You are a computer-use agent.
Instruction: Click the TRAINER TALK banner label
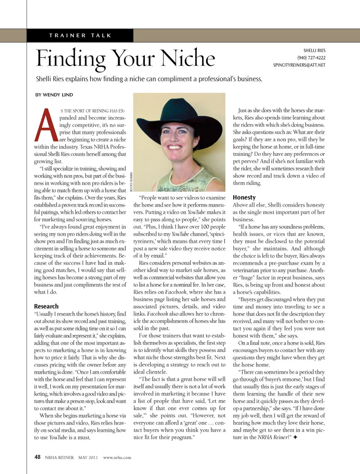pos(80,36)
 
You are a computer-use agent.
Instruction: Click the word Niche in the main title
pos(188,58)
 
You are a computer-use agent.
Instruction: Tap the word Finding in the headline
pos(71,59)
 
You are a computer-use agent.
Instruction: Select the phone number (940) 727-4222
pos(311,58)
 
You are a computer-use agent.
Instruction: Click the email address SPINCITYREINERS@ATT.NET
pos(299,65)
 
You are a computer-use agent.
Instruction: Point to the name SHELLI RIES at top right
pos(314,51)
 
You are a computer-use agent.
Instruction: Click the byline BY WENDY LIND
pos(54,95)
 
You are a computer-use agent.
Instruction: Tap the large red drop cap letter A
pos(46,126)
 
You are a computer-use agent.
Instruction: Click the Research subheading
pos(46,306)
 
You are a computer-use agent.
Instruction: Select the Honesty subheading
pos(244,197)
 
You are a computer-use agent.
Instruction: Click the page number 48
pos(37,457)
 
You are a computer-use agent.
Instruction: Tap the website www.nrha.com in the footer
pos(117,458)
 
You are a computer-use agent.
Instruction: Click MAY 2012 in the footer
pos(88,458)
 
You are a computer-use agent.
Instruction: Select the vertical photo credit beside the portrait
pos(131,182)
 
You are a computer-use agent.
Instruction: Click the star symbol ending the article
pos(295,437)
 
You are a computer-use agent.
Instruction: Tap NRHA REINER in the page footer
pos(59,458)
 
